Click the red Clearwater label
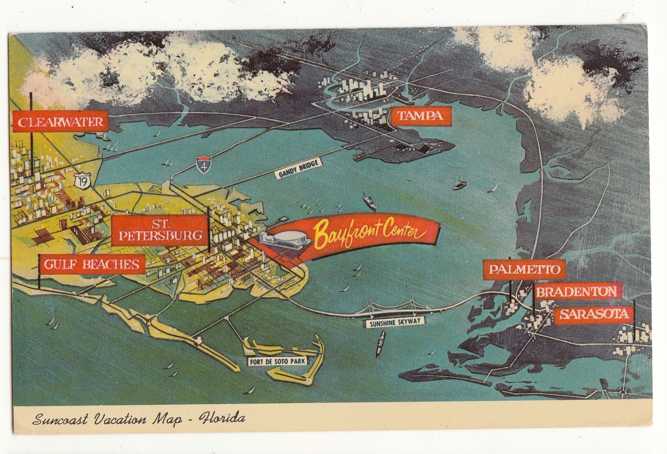point(60,122)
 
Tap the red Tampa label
point(420,116)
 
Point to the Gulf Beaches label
point(91,265)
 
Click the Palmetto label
point(524,269)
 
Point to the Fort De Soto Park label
point(277,361)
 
